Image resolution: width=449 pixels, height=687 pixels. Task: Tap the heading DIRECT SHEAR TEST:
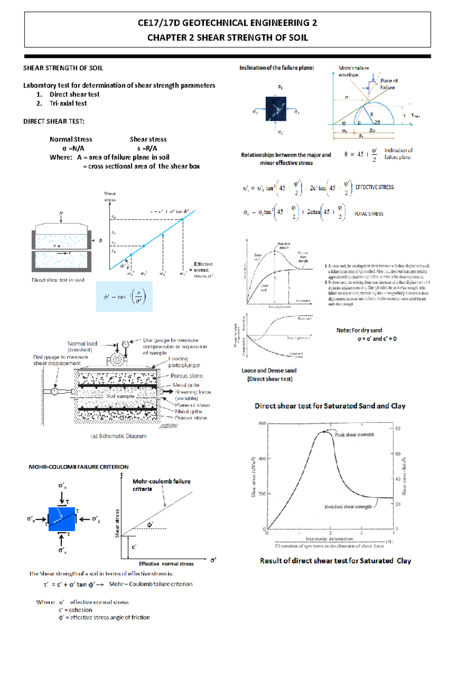coord(54,121)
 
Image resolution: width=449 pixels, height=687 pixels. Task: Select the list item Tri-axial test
coord(68,103)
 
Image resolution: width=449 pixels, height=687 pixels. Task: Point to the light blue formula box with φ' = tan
coord(124,297)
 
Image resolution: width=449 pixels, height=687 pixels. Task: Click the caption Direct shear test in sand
coord(58,280)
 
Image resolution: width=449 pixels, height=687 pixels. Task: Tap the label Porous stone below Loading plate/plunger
coord(186,376)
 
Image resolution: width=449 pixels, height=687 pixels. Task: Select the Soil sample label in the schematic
coord(120,396)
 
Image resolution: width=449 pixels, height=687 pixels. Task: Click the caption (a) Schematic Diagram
coord(118,436)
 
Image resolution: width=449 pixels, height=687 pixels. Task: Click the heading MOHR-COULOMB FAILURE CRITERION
coord(79,467)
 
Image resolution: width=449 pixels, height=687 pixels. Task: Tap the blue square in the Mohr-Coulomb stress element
coord(62,519)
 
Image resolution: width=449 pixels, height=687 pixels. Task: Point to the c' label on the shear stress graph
coord(134,547)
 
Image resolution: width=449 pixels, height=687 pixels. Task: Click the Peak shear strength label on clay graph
coord(354,435)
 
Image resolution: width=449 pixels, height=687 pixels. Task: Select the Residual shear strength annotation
coord(348,507)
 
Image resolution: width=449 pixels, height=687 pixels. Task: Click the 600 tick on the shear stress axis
coord(262,423)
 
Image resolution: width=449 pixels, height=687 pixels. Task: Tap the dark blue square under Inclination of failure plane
coord(276,109)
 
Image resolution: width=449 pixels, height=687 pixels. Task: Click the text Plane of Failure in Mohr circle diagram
coord(388,84)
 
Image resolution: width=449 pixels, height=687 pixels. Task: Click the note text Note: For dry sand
coord(359,330)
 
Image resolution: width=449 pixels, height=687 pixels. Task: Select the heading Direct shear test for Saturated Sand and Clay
coord(330,406)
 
